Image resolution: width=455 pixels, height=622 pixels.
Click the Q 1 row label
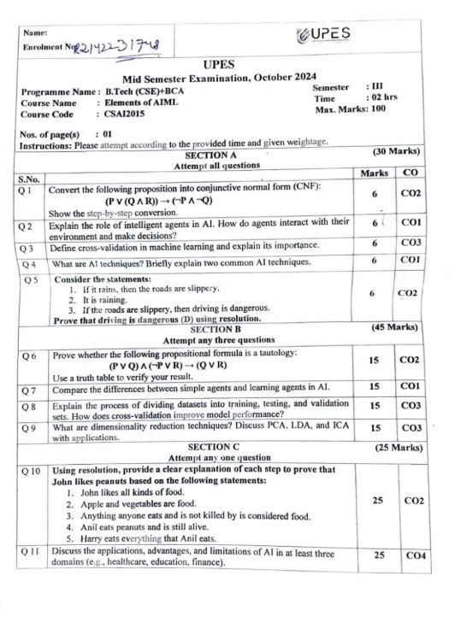point(29,192)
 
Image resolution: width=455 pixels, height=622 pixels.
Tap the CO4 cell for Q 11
point(414,555)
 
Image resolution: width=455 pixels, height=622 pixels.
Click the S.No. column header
point(29,179)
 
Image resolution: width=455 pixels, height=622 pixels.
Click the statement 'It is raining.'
point(106,301)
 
